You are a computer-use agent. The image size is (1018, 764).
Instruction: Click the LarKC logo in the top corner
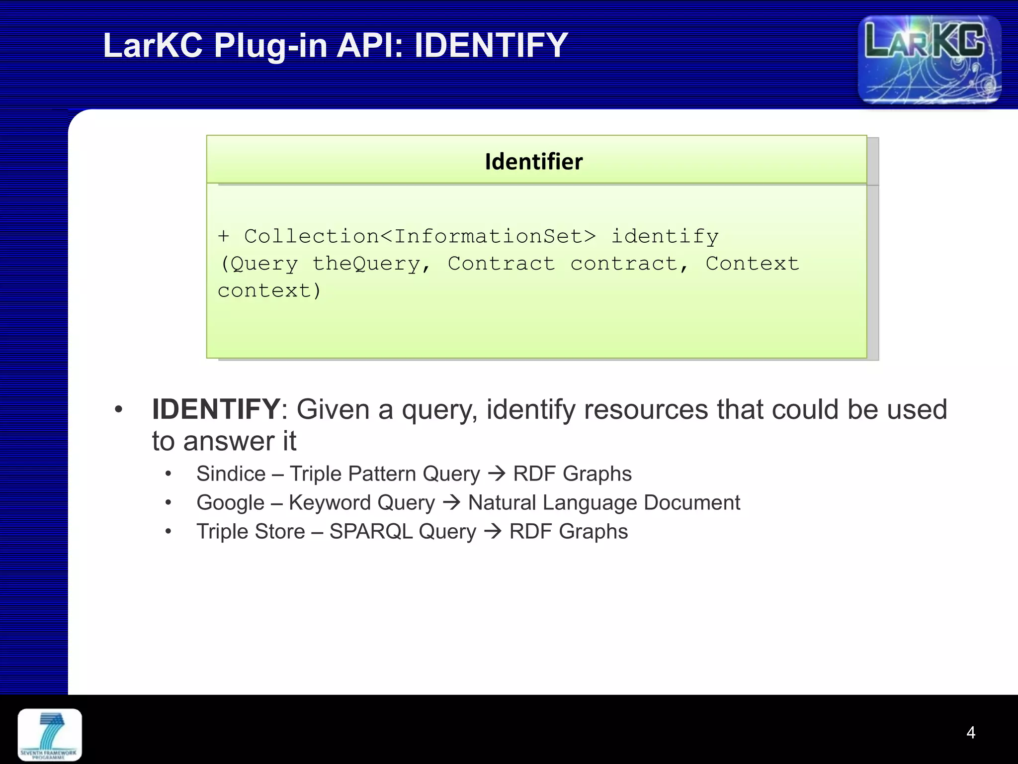[x=929, y=59]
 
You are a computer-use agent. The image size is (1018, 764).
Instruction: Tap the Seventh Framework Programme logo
[x=50, y=735]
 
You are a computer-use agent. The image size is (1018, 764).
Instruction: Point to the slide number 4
[x=970, y=732]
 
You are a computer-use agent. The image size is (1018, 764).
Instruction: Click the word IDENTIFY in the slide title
[x=491, y=45]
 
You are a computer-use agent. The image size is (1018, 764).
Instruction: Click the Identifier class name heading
[x=534, y=162]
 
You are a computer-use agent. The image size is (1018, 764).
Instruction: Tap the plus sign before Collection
[x=224, y=236]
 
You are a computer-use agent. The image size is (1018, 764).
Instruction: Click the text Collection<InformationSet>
[x=420, y=236]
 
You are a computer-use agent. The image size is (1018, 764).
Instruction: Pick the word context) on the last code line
[x=269, y=290]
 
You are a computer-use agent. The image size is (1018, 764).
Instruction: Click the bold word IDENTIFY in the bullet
[x=216, y=409]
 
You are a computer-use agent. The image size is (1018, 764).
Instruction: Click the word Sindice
[x=231, y=474]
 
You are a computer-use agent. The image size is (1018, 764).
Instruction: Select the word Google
[x=230, y=503]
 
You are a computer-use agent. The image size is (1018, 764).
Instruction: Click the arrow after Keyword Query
[x=451, y=502]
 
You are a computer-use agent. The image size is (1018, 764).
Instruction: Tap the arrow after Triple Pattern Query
[x=497, y=474]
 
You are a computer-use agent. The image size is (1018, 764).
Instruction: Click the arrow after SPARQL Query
[x=493, y=531]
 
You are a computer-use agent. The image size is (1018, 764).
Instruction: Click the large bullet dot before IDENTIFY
[x=118, y=410]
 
